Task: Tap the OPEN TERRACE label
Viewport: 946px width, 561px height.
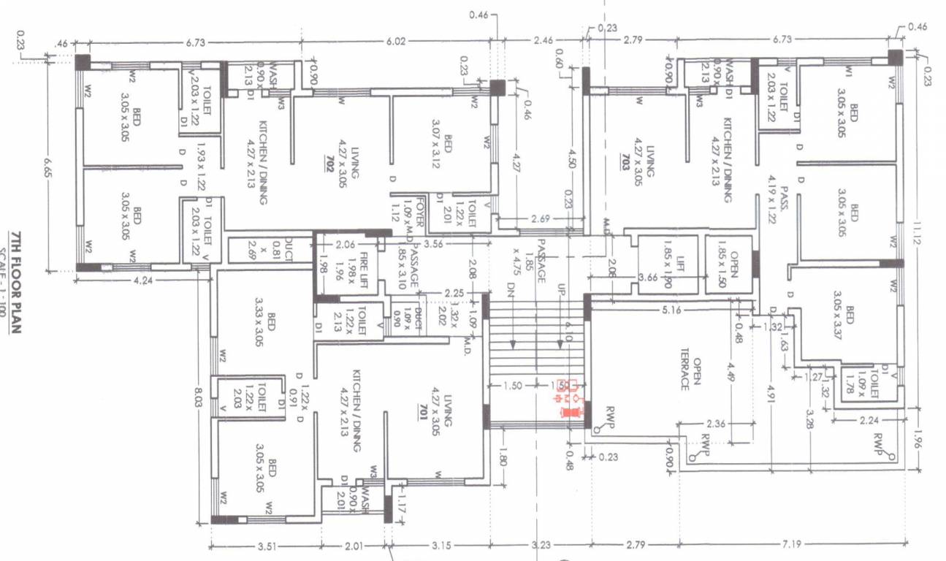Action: click(x=691, y=373)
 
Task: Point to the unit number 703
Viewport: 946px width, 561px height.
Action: click(x=625, y=161)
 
